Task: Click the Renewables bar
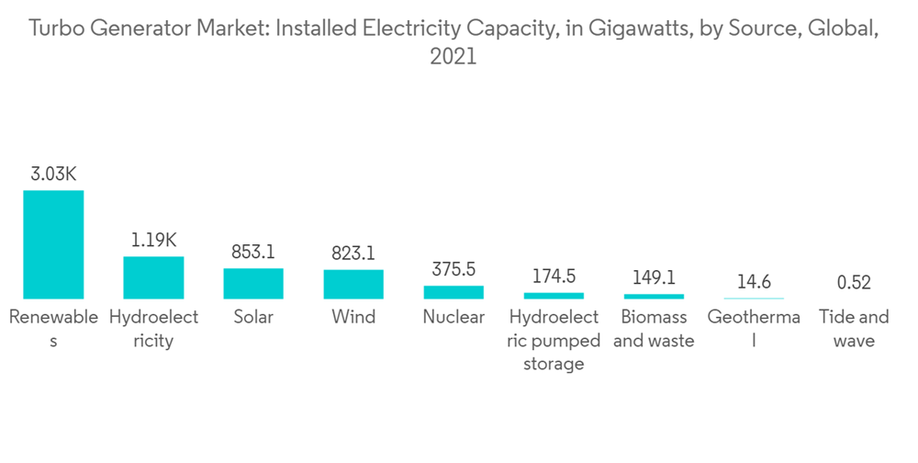(53, 244)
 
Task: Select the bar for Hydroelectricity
(153, 277)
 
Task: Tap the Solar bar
(253, 283)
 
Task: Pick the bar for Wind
(353, 284)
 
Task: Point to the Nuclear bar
(453, 292)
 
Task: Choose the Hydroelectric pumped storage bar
(554, 296)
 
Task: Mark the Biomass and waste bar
(654, 296)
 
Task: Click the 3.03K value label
(53, 174)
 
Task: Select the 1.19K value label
(153, 240)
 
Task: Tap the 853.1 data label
(253, 252)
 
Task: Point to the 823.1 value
(353, 253)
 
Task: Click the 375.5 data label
(453, 269)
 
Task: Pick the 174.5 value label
(554, 277)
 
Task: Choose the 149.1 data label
(654, 277)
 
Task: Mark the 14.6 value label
(754, 282)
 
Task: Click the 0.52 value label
(854, 283)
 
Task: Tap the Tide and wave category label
(854, 329)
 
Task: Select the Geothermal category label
(754, 329)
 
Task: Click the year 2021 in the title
(453, 57)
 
